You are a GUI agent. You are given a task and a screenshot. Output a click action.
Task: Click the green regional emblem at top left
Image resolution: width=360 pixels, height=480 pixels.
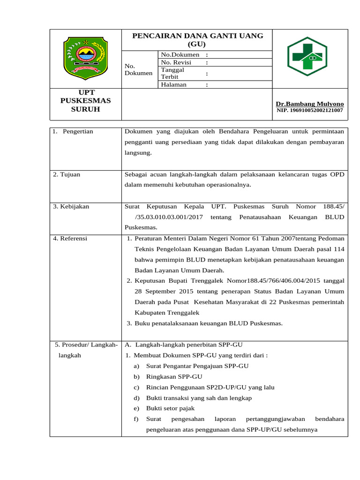(x=86, y=57)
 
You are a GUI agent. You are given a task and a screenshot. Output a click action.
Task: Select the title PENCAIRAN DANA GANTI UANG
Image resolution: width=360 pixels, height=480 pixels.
(x=197, y=36)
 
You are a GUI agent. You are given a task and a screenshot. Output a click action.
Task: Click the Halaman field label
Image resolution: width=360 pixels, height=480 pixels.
(x=173, y=84)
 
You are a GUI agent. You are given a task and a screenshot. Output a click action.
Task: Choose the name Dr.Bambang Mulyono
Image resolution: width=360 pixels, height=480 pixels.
(x=309, y=104)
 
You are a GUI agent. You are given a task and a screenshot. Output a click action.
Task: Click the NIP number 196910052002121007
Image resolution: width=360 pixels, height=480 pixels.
(x=309, y=111)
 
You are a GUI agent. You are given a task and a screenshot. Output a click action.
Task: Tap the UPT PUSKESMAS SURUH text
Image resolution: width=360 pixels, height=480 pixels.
(x=86, y=101)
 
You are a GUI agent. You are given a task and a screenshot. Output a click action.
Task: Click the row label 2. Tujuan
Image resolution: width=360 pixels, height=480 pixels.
(x=67, y=174)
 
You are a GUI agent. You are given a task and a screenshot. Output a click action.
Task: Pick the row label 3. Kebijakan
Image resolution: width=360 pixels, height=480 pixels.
(x=71, y=206)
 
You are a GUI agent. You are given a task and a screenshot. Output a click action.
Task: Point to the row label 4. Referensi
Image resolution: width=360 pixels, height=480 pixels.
(x=70, y=238)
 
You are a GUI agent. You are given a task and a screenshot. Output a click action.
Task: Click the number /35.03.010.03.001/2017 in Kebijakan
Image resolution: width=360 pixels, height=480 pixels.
(x=169, y=217)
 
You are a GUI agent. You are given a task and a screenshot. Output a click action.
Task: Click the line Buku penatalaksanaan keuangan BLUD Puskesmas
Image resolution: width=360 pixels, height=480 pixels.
(x=209, y=323)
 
